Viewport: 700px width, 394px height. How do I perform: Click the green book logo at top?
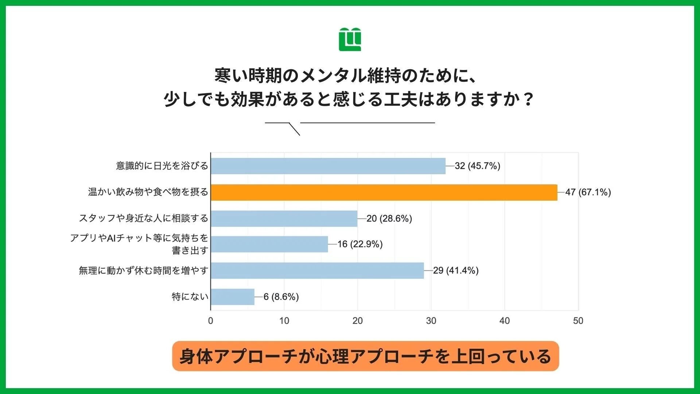tap(350, 39)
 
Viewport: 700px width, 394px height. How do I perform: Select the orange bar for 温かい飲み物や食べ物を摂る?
tap(384, 192)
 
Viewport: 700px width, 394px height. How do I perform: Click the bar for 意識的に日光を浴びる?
tap(328, 166)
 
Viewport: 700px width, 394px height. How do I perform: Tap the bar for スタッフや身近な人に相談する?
tap(284, 219)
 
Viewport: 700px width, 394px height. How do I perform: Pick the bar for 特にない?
tap(233, 297)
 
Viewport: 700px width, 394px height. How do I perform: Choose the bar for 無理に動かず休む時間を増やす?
tap(317, 270)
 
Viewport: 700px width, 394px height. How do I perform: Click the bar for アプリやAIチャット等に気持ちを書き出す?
tap(269, 244)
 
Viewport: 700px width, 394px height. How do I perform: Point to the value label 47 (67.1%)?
tap(588, 192)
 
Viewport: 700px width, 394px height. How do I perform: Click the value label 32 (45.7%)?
tap(477, 166)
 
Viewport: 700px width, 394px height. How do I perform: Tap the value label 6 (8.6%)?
tap(281, 297)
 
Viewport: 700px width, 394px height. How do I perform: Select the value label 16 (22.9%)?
tap(360, 244)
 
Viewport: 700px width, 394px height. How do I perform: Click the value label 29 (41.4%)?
tap(456, 270)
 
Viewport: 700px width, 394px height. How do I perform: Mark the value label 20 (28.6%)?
tap(389, 219)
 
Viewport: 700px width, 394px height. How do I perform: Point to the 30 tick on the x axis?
tap(431, 321)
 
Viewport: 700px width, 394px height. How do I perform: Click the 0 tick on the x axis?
tap(211, 321)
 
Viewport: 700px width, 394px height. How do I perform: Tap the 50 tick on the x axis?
tap(578, 321)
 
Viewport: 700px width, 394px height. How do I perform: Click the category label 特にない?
tap(190, 297)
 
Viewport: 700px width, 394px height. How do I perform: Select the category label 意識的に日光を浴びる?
tap(162, 166)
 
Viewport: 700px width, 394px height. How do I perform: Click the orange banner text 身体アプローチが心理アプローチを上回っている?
tap(365, 356)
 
